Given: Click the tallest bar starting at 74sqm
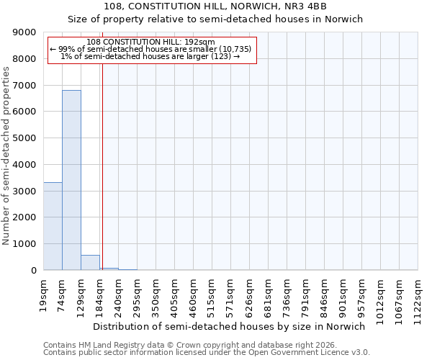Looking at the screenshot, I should pyautogui.click(x=71, y=180).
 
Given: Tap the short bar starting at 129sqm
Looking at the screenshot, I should pyautogui.click(x=90, y=263).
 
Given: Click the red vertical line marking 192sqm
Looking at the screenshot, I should pyautogui.click(x=102, y=166).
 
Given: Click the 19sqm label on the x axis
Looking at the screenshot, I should pyautogui.click(x=44, y=291).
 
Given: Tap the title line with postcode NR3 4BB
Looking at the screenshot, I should pyautogui.click(x=216, y=6).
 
